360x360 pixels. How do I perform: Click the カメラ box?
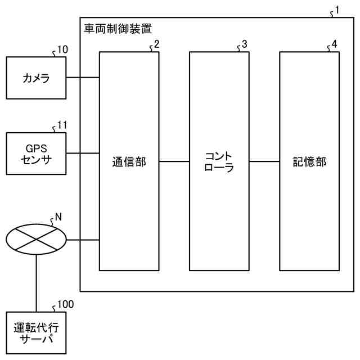click(36, 78)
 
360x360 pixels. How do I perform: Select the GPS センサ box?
click(36, 153)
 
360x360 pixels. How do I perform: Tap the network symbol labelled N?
click(36, 240)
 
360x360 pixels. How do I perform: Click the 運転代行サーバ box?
click(36, 333)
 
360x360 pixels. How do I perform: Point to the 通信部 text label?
click(129, 162)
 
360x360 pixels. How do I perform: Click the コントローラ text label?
click(219, 161)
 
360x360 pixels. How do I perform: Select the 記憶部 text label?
click(309, 162)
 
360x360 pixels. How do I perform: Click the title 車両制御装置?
click(118, 27)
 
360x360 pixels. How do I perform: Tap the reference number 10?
click(62, 49)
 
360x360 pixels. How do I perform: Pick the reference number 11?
click(62, 125)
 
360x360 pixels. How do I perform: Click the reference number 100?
click(65, 304)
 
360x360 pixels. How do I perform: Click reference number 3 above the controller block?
click(244, 44)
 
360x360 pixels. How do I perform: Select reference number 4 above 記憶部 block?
click(334, 44)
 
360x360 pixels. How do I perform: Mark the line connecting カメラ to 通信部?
click(83, 77)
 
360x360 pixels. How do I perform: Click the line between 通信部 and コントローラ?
click(174, 162)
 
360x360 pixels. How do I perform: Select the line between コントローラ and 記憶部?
click(264, 162)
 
